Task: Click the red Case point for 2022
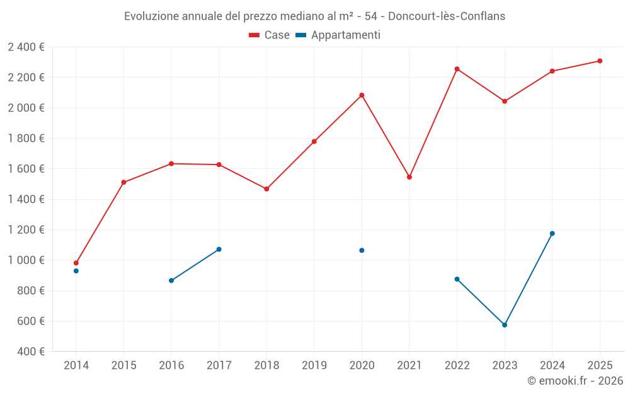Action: coord(457,69)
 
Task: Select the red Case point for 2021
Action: coord(409,177)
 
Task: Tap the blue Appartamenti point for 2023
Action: coord(505,325)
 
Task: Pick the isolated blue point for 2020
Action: coord(362,250)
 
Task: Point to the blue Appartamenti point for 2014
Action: coord(76,271)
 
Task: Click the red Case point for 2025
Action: coord(600,61)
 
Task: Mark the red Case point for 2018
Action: coord(266,189)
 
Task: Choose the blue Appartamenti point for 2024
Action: coord(552,233)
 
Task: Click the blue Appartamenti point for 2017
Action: coord(219,249)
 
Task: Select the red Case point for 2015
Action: coord(123,182)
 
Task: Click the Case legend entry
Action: coord(269,35)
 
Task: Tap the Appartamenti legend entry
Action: coord(338,35)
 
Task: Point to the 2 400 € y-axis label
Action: coord(26,47)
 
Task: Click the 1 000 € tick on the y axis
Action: coord(26,260)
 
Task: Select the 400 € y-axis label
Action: coord(30,352)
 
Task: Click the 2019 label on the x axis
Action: coord(314,365)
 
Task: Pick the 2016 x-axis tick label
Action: coord(171,365)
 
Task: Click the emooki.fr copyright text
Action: coord(575,381)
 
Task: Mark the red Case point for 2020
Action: coord(362,95)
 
